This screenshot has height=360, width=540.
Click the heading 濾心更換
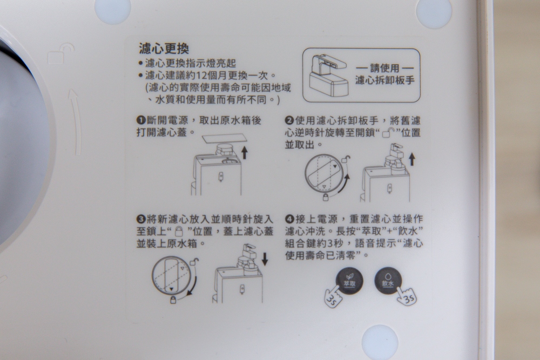[164, 48]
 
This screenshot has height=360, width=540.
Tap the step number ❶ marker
[141, 120]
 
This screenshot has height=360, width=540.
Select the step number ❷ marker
[289, 120]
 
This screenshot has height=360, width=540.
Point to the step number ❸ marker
[141, 219]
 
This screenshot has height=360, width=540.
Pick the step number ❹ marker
[289, 219]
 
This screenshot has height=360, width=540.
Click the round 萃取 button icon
[349, 281]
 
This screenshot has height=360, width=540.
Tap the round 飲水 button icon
[388, 281]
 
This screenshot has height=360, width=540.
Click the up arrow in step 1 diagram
[244, 152]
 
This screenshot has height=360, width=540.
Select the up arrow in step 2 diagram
[411, 159]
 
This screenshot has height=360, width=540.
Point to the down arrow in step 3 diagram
[265, 259]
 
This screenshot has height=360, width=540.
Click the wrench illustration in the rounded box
[328, 76]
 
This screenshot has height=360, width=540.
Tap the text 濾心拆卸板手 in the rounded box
[384, 80]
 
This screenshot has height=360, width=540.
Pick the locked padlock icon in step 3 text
[179, 231]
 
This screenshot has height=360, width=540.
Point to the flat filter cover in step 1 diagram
[224, 138]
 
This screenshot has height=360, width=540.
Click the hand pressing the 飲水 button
[407, 296]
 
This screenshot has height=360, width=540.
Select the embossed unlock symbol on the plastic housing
[61, 55]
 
